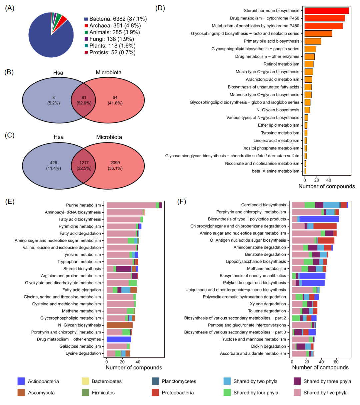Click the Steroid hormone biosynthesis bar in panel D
pyautogui.click(x=327, y=11)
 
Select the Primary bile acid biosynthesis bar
pyautogui.click(x=313, y=41)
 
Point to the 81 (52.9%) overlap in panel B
pyautogui.click(x=84, y=100)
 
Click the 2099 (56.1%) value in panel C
pyautogui.click(x=115, y=165)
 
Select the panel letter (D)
pyautogui.click(x=160, y=8)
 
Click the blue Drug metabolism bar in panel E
pyautogui.click(x=119, y=339)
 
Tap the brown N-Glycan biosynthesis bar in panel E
pyautogui.click(x=119, y=325)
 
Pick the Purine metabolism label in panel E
pyautogui.click(x=83, y=205)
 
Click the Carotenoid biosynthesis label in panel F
pyautogui.click(x=263, y=205)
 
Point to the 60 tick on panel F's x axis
pyautogui.click(x=336, y=361)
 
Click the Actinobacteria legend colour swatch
pyautogui.click(x=21, y=381)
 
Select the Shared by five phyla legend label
pyautogui.click(x=325, y=393)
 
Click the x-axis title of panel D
pyautogui.click(x=326, y=186)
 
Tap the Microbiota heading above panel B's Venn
pyautogui.click(x=109, y=72)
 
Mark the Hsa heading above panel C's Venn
pyautogui.click(x=59, y=137)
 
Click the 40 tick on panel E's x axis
pyautogui.click(x=138, y=361)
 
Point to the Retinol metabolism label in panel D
pyautogui.click(x=281, y=64)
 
